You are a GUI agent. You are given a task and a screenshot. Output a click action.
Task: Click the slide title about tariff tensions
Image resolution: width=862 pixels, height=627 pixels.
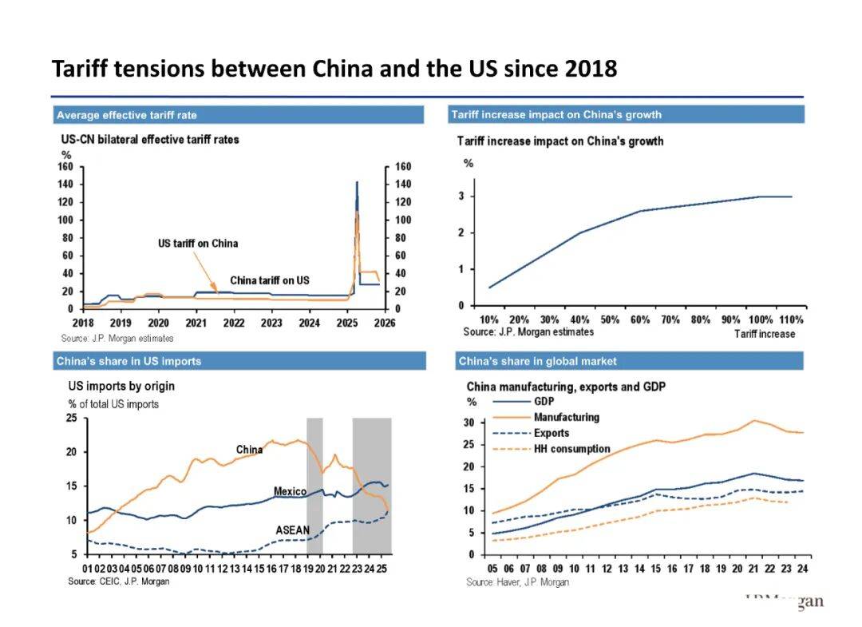334,69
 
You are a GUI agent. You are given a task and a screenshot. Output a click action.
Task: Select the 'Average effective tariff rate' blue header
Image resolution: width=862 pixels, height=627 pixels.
126,115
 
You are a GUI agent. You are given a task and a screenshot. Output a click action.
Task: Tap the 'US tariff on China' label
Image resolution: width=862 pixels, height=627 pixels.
197,243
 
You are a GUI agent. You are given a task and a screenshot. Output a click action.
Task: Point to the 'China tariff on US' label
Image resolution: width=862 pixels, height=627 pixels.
269,280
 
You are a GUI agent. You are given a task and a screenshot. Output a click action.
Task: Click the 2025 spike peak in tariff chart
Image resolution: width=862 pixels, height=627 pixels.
356,183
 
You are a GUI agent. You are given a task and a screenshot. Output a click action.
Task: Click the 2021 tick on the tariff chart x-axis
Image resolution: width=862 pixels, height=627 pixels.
196,323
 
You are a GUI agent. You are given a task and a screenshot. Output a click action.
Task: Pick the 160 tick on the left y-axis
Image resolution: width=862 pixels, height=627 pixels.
65,167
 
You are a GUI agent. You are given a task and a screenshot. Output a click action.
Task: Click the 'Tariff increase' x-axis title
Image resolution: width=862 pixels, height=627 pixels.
764,334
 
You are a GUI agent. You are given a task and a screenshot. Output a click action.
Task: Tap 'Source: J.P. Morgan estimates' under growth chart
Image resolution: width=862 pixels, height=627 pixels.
528,331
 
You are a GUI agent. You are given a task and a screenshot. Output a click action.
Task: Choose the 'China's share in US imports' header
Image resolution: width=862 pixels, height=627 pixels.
129,361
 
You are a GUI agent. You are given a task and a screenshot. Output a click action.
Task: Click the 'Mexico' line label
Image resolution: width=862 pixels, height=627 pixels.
290,491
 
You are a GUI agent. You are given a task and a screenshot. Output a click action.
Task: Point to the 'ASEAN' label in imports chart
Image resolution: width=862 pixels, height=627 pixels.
292,530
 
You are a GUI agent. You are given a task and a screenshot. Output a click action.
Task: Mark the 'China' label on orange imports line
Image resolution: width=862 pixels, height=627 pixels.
249,450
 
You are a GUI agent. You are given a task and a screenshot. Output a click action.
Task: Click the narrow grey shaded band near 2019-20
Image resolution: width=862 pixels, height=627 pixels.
314,485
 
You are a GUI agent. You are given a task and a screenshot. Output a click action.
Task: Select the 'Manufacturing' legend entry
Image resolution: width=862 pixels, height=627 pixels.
566,417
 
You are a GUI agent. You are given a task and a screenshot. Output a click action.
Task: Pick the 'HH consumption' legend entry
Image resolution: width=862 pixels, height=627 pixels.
571,449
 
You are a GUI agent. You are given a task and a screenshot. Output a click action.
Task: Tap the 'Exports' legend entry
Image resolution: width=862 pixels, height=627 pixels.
552,433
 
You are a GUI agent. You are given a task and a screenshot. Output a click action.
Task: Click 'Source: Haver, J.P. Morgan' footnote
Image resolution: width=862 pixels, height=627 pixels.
517,582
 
